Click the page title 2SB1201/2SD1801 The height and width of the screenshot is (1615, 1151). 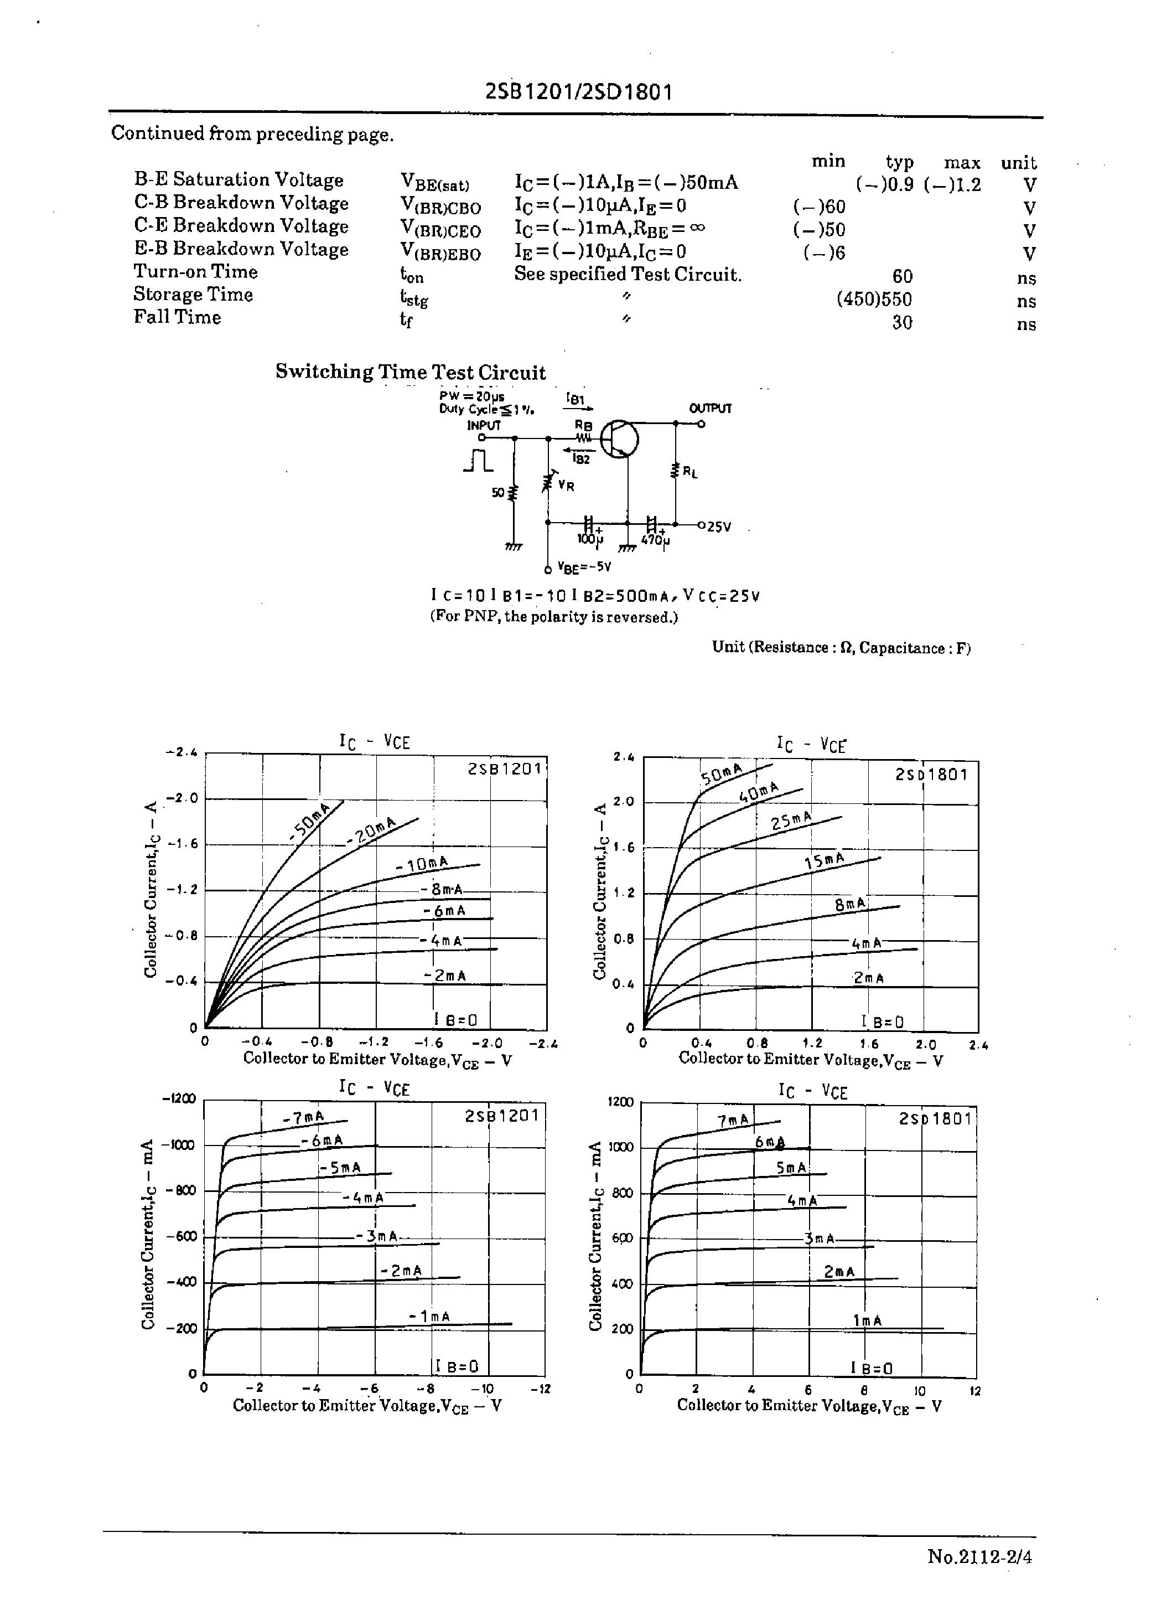(x=578, y=92)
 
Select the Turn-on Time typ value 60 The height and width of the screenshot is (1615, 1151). (x=901, y=276)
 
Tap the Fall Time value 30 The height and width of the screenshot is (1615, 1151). (x=901, y=323)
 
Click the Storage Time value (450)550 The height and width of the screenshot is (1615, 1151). (x=874, y=300)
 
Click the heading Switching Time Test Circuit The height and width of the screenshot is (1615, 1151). (x=411, y=372)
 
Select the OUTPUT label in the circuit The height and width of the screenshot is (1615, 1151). (x=709, y=409)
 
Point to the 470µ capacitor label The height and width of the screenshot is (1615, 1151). (x=655, y=540)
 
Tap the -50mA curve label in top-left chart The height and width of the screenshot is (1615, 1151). (x=310, y=823)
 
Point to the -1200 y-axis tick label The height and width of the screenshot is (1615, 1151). (x=180, y=1099)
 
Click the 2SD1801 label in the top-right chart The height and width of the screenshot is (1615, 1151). (x=931, y=774)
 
